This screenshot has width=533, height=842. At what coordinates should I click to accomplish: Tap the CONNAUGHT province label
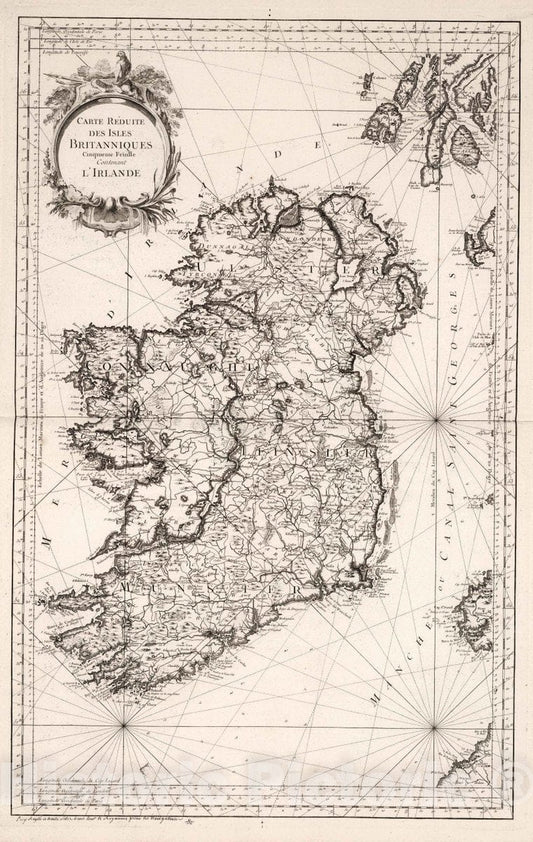click(x=150, y=367)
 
